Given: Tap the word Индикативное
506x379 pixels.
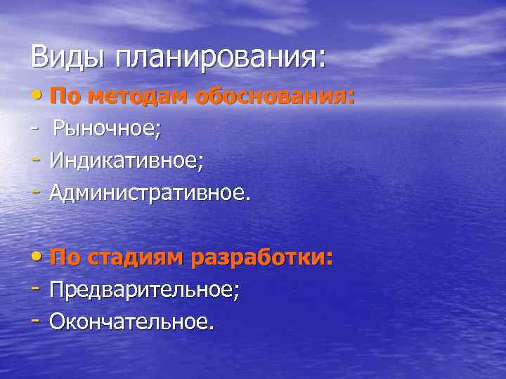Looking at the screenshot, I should [x=126, y=161].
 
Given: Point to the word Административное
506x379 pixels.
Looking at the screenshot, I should [x=149, y=192].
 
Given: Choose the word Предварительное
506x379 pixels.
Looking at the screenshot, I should [x=144, y=290].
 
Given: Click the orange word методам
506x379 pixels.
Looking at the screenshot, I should [x=129, y=97].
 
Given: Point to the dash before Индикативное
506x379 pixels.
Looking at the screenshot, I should [x=36, y=161].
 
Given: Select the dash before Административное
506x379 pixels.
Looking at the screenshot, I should [x=36, y=192].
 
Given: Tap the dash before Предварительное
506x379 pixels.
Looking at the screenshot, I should [x=36, y=290].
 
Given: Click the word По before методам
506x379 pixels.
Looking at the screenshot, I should [x=65, y=96].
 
